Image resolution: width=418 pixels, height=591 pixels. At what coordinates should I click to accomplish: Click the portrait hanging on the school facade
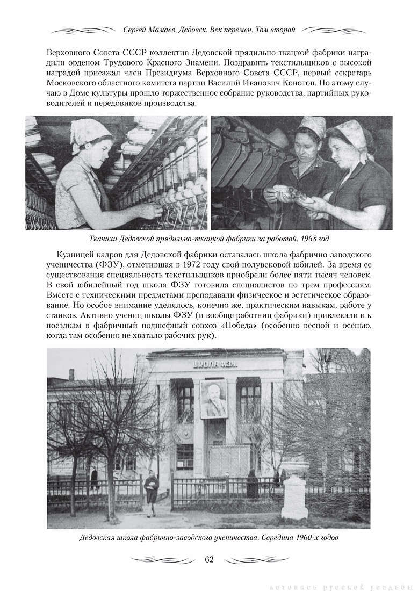click(214, 399)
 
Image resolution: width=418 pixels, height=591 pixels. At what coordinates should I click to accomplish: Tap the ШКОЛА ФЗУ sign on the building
click(215, 364)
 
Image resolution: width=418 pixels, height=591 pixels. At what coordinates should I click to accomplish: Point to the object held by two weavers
click(295, 194)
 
